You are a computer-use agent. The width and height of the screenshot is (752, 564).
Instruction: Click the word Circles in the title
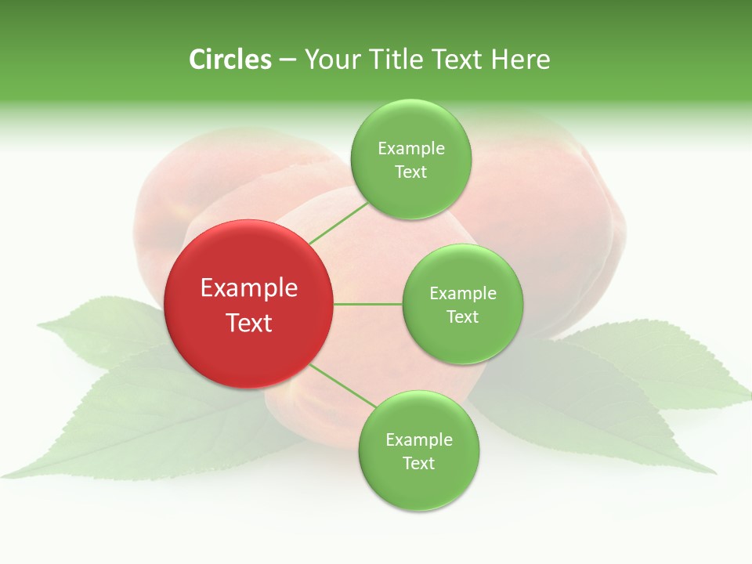pos(230,60)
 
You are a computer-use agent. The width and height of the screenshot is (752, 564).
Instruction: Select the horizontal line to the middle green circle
pos(367,304)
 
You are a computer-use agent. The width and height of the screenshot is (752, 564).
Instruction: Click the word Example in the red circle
pos(249,288)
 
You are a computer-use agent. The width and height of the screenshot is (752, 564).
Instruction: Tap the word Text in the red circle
pos(249,323)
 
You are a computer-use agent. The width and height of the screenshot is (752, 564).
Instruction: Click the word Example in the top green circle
pos(410,148)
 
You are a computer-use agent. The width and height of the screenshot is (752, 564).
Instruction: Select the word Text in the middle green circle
pos(462,316)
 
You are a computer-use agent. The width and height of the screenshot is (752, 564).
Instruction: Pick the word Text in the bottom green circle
pos(418,463)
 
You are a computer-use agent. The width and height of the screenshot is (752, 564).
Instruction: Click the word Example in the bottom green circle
pos(418,439)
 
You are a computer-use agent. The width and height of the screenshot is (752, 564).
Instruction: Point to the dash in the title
pos(287,60)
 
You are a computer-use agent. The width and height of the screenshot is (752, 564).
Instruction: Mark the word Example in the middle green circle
pos(462,293)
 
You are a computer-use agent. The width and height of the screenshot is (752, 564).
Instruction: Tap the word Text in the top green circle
pos(410,172)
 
